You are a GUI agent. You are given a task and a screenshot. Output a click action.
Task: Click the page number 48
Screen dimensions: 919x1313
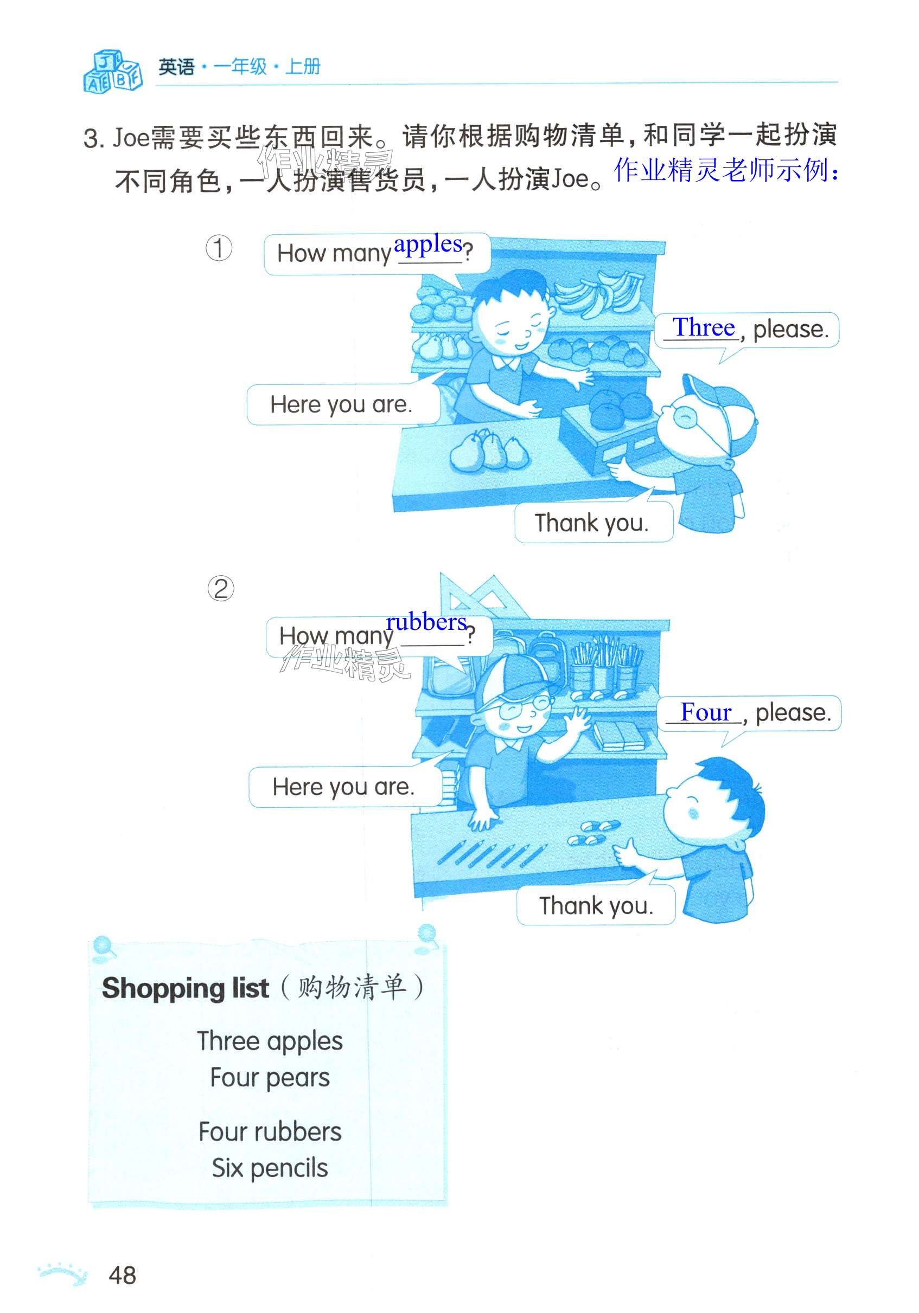(123, 1275)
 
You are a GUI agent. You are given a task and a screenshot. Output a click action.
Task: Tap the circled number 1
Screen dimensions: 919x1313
(219, 249)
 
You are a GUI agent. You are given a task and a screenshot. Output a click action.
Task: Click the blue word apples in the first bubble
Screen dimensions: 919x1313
(427, 244)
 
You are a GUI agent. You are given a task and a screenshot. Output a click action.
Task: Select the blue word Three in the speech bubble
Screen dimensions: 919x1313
(703, 327)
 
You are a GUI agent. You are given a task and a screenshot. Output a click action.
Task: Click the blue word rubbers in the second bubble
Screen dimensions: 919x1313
(426, 622)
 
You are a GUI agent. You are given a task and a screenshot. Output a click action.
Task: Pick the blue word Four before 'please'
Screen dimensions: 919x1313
(706, 712)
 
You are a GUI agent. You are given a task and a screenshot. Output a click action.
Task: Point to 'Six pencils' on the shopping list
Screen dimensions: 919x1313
(270, 1167)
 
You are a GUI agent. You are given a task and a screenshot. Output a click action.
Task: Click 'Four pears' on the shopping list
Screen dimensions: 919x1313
(270, 1078)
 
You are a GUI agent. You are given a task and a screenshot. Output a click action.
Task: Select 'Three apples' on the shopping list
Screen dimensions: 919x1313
(270, 1041)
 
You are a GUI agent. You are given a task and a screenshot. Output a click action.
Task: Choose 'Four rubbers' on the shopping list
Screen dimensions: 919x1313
(270, 1132)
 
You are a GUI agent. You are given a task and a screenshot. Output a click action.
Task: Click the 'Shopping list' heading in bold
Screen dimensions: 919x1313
(186, 988)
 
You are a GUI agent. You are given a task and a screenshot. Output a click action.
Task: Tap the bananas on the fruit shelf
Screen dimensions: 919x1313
(598, 293)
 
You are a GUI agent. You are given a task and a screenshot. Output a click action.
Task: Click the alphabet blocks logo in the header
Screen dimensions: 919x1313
(112, 72)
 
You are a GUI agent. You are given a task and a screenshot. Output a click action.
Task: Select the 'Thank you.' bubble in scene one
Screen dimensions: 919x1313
(593, 523)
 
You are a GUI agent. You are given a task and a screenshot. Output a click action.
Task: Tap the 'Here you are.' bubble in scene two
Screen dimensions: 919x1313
(343, 788)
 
